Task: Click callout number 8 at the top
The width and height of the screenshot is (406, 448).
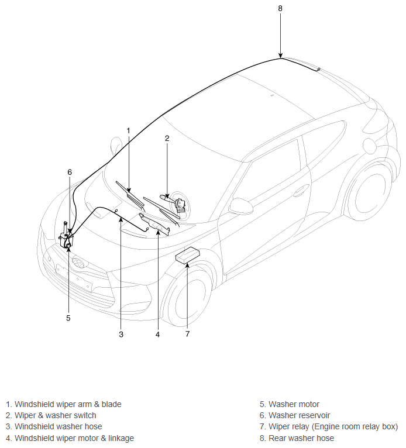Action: pos(280,9)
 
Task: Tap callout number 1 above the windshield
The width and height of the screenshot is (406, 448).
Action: pos(128,130)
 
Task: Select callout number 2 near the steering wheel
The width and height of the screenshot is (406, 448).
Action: pos(167,138)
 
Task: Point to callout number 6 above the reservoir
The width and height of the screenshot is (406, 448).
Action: pos(70,172)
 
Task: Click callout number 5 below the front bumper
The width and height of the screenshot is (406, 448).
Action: pos(68,318)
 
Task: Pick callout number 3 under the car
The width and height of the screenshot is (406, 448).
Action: pos(121,335)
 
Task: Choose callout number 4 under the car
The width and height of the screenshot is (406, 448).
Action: pos(157,335)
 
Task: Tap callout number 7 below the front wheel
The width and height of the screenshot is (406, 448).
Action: pos(187,334)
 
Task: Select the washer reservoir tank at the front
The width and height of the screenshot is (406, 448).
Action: pos(66,236)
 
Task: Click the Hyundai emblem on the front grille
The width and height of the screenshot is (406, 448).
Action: pos(78,263)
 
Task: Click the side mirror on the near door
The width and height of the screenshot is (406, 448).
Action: pos(242,205)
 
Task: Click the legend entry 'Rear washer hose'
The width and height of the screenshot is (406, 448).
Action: pos(297,438)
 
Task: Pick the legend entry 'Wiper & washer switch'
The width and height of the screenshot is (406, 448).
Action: pos(51,415)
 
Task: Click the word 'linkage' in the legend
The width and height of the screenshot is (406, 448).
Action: pos(121,438)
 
